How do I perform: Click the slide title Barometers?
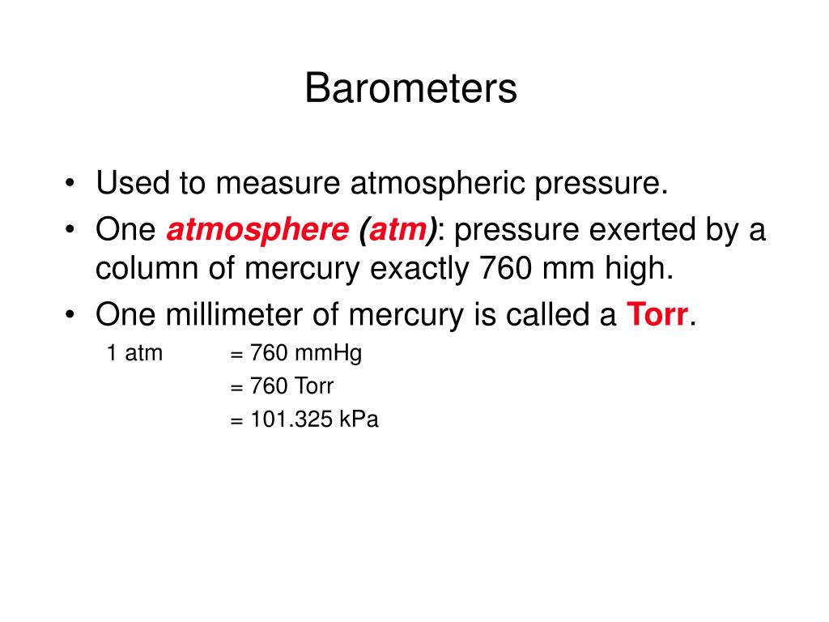click(410, 89)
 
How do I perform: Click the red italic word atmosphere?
click(257, 231)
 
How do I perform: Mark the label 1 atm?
click(134, 353)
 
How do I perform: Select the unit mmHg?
click(328, 354)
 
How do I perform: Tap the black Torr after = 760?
click(313, 386)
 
